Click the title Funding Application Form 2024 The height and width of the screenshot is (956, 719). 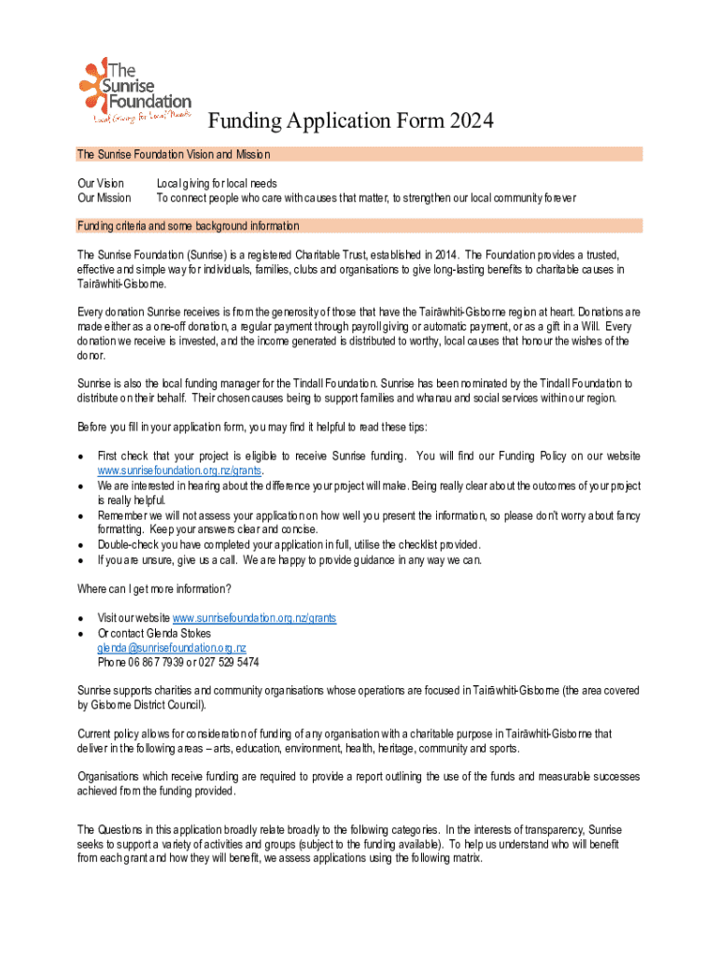coord(349,121)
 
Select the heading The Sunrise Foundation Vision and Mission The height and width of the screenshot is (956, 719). coord(174,154)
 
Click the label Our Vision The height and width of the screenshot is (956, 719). coord(100,184)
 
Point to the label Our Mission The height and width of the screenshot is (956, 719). coord(104,198)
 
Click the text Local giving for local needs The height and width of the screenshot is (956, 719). coord(217,184)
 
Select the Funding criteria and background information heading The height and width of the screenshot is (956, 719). coord(189,226)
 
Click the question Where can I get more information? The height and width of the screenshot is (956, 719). coord(154,589)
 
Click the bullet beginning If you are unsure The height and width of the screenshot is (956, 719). coord(289,560)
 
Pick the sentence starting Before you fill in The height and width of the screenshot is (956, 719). coord(253,428)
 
